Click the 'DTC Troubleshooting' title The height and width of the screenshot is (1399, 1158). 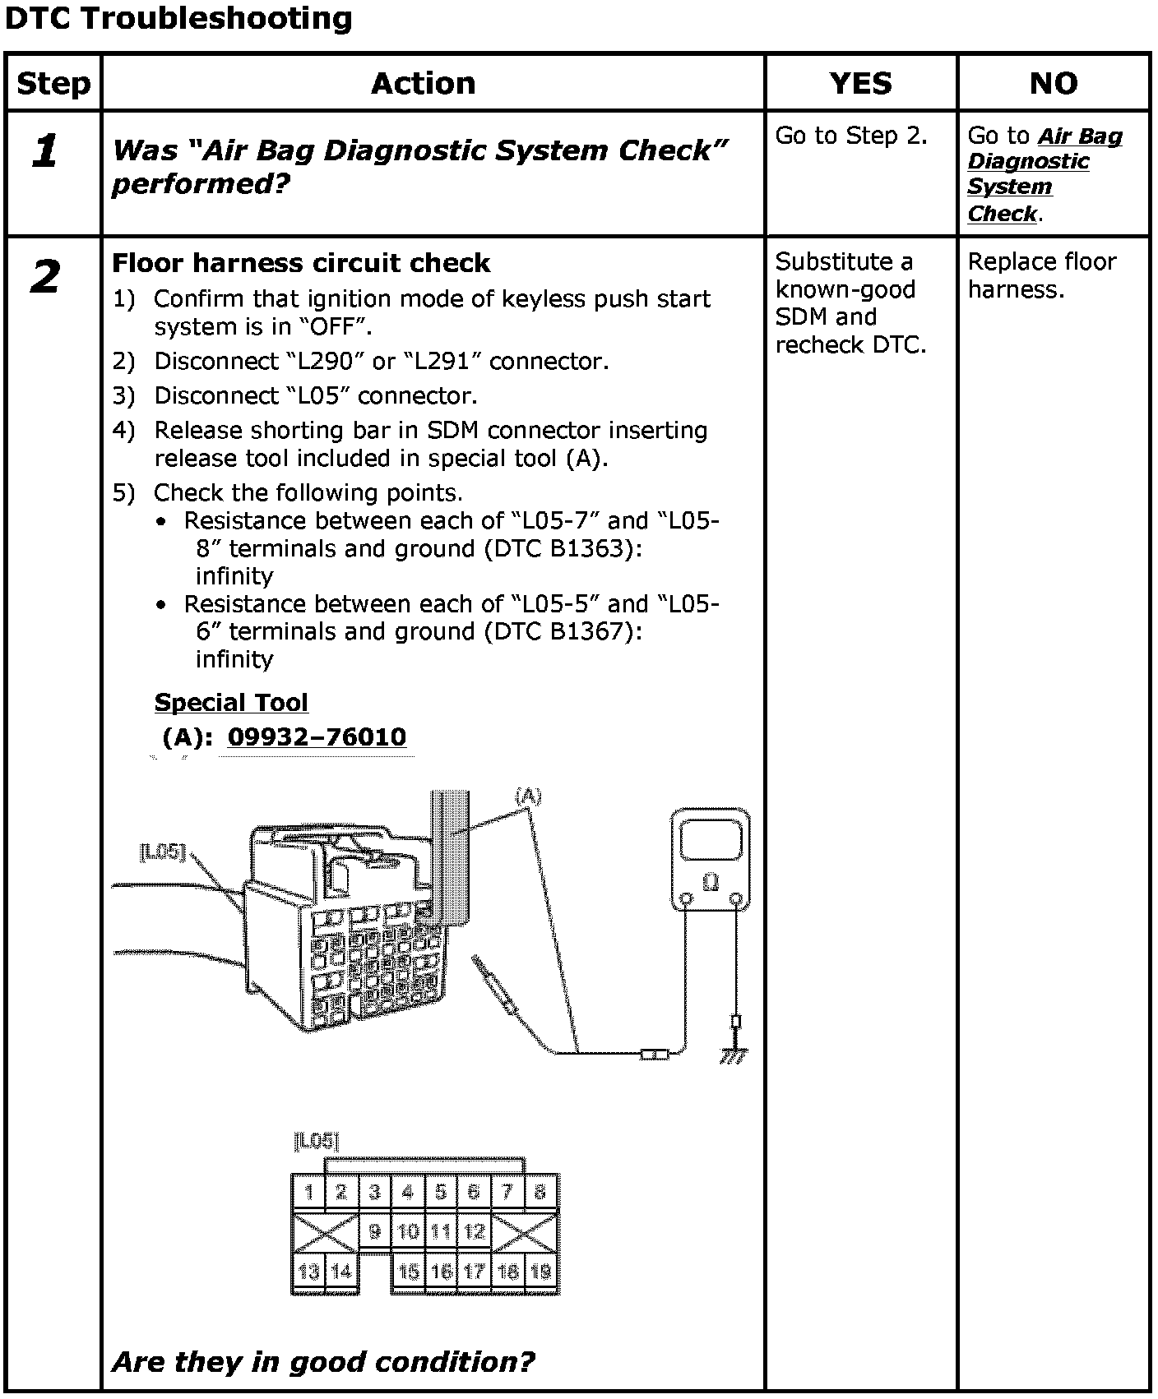[178, 18]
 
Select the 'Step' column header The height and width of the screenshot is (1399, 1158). [53, 83]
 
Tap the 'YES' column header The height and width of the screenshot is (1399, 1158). [860, 83]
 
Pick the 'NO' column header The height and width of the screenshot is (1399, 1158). [1054, 83]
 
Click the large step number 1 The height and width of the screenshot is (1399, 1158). [45, 151]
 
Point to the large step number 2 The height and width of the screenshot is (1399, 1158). [45, 276]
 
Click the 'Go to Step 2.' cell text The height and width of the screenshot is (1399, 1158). [850, 136]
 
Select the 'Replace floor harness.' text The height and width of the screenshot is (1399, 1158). [1041, 275]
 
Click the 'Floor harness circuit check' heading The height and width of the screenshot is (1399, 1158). [301, 263]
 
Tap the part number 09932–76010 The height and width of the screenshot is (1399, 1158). [317, 736]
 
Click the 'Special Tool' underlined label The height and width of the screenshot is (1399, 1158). [231, 703]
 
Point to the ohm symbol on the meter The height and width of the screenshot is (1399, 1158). [711, 883]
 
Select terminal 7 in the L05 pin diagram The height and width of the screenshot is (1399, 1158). [507, 1192]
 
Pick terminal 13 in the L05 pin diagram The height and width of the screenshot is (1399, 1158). [308, 1272]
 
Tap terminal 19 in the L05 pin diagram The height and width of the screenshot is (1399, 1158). [540, 1272]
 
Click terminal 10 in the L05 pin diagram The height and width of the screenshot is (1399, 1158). [408, 1231]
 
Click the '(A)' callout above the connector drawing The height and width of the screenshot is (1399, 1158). [528, 795]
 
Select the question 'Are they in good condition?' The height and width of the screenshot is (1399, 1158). [322, 1362]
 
